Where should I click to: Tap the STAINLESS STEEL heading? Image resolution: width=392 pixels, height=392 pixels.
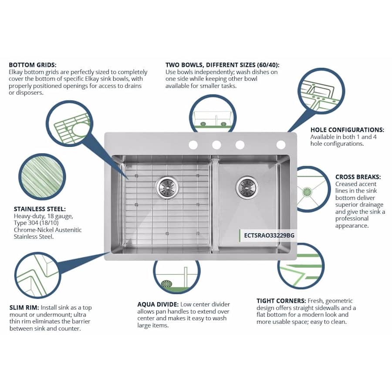(x=37, y=209)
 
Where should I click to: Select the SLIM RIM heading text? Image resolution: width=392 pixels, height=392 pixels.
(x=24, y=308)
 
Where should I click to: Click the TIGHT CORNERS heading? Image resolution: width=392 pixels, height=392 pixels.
(x=281, y=301)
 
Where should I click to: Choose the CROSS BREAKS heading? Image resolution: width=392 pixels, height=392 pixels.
(x=358, y=177)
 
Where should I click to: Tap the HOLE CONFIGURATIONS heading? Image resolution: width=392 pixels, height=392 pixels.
(x=347, y=130)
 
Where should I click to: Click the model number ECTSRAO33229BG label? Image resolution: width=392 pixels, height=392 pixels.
(x=269, y=235)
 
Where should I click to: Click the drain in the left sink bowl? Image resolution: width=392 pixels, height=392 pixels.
(x=167, y=187)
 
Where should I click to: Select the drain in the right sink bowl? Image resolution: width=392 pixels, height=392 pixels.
(x=247, y=187)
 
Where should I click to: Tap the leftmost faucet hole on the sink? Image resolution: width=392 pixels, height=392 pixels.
(x=193, y=145)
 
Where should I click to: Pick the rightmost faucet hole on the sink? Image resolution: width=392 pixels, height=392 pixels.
(x=281, y=145)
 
